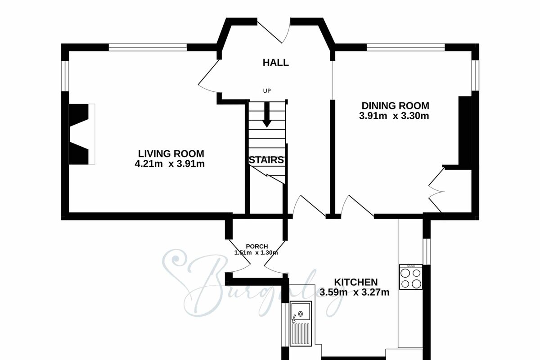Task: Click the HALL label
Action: click(275, 63)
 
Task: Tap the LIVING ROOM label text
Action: click(171, 153)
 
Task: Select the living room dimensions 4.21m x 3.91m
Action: click(170, 164)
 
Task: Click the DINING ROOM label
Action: click(396, 106)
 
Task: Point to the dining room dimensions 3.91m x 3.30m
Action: click(394, 116)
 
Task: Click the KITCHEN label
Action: click(356, 282)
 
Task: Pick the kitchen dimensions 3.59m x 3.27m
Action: click(355, 292)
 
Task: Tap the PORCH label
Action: click(257, 247)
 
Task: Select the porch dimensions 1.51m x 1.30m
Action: click(256, 253)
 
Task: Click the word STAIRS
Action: click(266, 160)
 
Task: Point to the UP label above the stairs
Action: click(267, 91)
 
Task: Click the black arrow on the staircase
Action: click(266, 115)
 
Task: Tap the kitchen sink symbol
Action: click(301, 324)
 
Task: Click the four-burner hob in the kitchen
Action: click(411, 277)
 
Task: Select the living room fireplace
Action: click(82, 134)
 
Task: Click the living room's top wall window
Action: click(148, 47)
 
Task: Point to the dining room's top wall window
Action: click(406, 47)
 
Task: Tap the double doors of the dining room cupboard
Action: click(436, 190)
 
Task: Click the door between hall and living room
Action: click(208, 76)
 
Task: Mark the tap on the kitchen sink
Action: click(294, 319)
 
